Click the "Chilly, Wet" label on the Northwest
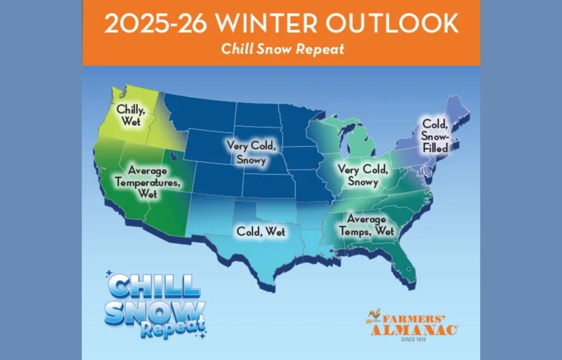(x=131, y=115)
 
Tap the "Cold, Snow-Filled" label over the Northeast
(x=435, y=136)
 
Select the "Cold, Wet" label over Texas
(x=261, y=232)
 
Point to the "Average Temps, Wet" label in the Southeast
(x=367, y=225)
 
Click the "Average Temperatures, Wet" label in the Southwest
(x=148, y=182)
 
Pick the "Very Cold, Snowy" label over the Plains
(x=251, y=152)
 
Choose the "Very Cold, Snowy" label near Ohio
(x=363, y=175)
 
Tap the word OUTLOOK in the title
(x=392, y=23)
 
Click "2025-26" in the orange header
(x=155, y=23)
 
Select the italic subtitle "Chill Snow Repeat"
(x=283, y=49)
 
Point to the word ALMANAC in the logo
(x=414, y=330)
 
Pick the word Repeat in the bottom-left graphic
(x=173, y=330)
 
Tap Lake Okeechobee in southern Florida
(x=409, y=269)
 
